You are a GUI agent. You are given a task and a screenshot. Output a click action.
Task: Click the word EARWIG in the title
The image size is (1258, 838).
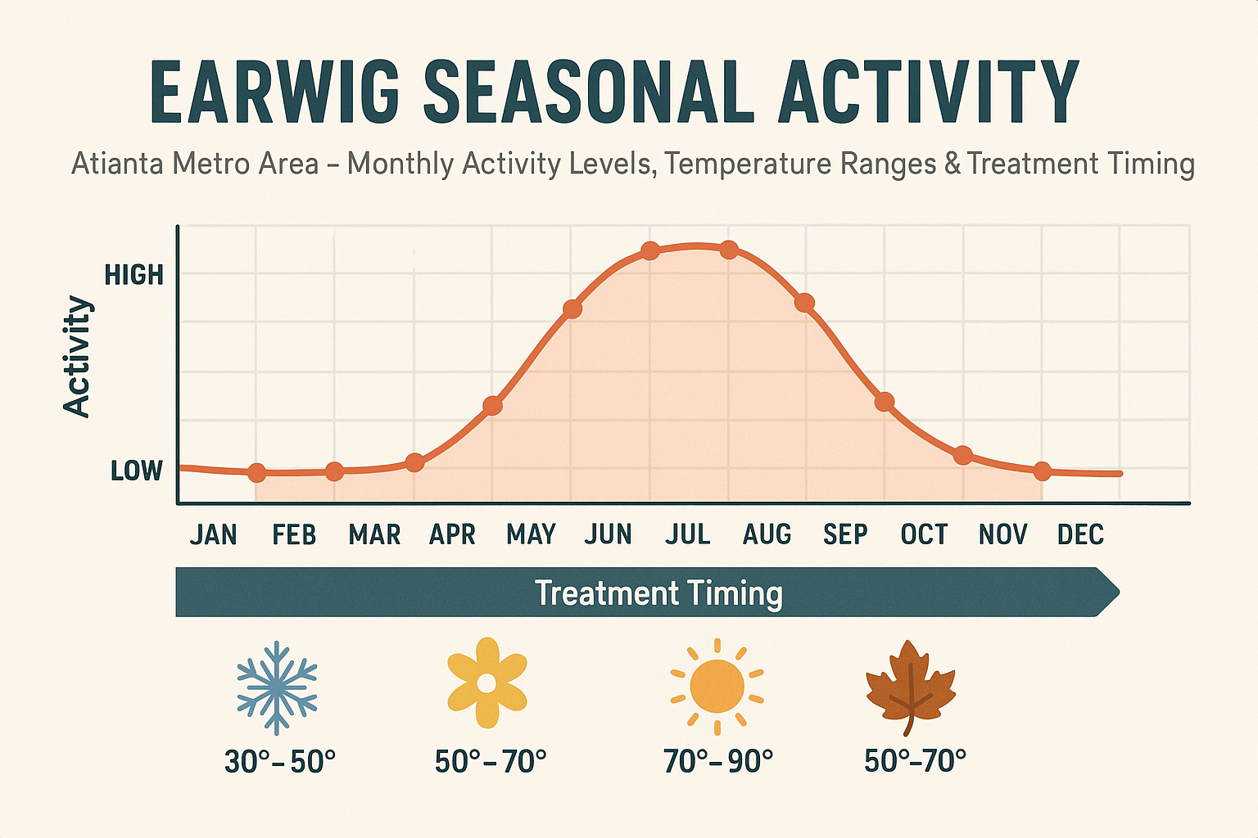point(274,92)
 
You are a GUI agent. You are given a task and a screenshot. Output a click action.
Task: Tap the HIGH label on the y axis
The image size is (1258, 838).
point(134,275)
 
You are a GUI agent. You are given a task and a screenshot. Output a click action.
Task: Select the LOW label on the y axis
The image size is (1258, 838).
point(137,471)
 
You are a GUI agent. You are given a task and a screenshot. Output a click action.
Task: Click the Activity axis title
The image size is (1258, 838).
point(77,357)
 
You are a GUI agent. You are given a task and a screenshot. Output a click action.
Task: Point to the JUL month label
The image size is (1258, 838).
point(687,534)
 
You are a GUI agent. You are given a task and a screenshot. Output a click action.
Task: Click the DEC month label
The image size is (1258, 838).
point(1080,534)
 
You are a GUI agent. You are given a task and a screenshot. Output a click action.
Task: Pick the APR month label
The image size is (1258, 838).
point(452,534)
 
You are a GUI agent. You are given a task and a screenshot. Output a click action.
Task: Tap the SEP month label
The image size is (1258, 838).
point(844,534)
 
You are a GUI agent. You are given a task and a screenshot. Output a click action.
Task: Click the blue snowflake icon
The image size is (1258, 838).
point(277,687)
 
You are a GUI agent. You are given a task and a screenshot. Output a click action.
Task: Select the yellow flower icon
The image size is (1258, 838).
point(486,683)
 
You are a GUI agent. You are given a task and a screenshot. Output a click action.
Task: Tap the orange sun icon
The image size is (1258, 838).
point(717,686)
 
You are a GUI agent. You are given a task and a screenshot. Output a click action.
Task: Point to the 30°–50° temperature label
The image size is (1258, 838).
point(280,761)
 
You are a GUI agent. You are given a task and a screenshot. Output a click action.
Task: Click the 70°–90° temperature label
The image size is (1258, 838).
point(718,761)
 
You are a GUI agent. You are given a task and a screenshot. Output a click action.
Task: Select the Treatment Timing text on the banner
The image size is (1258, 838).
point(658,592)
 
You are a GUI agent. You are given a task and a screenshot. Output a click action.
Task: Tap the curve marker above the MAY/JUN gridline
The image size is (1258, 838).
point(572,309)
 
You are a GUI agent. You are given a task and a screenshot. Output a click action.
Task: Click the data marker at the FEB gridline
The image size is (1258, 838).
point(256,473)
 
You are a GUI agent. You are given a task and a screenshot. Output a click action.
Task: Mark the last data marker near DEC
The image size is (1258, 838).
point(1042,471)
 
